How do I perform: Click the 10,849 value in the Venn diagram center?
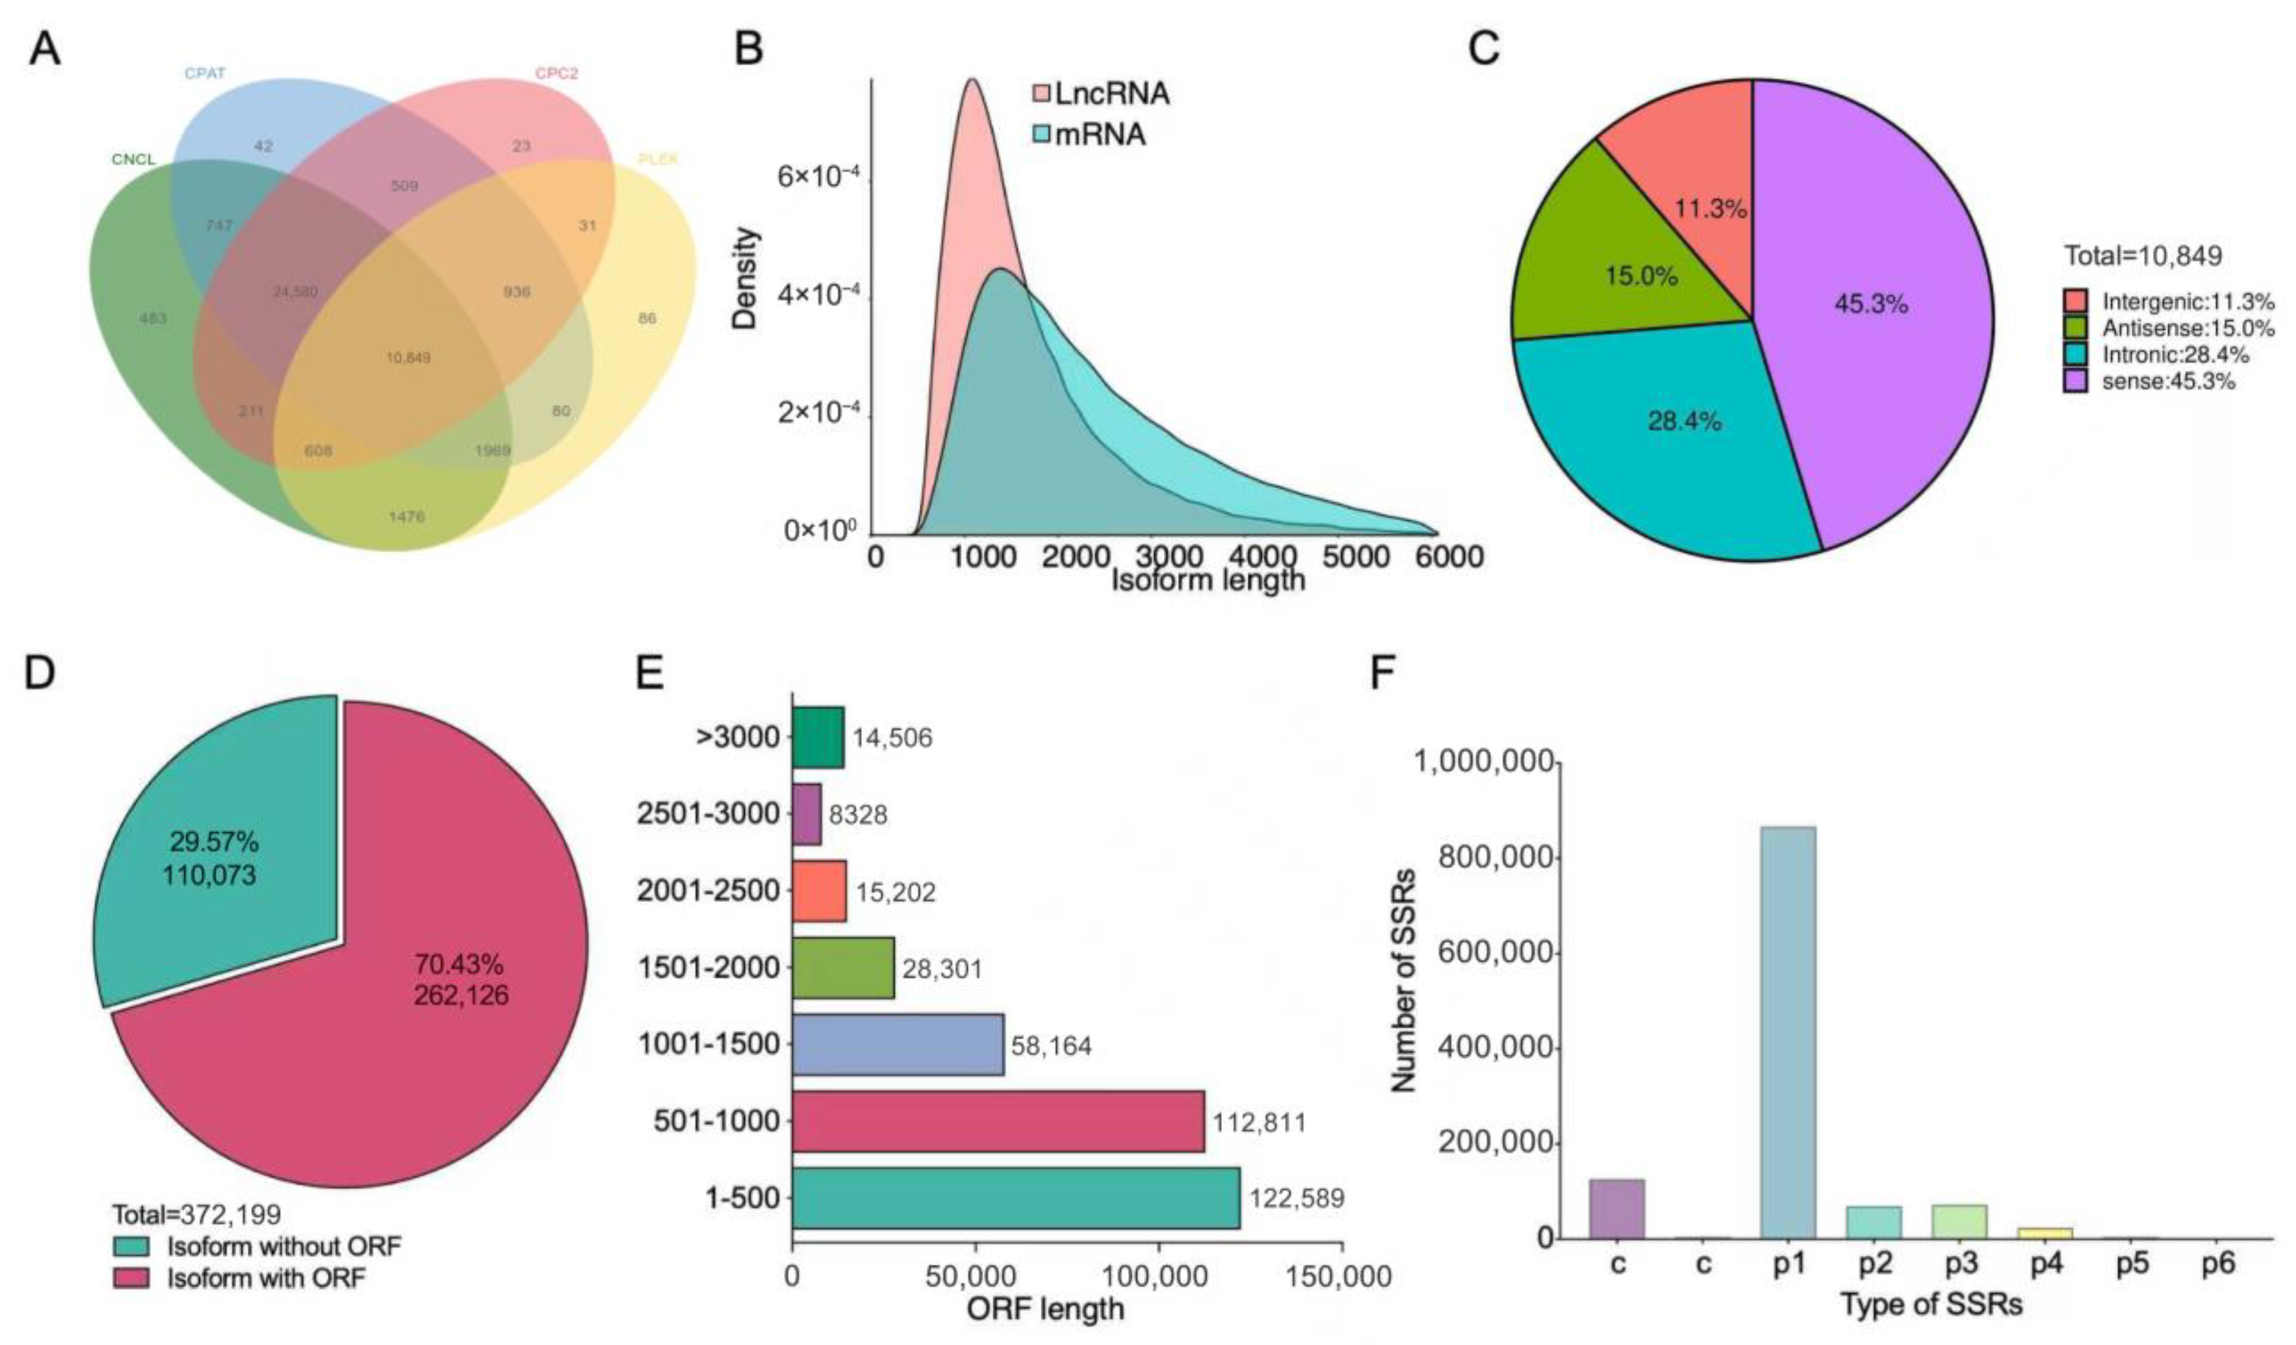pyautogui.click(x=407, y=357)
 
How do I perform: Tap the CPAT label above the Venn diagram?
pyautogui.click(x=204, y=74)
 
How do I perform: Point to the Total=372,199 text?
pyautogui.click(x=197, y=1214)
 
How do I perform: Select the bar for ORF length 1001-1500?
pyautogui.click(x=898, y=1045)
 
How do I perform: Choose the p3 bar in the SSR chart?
pyautogui.click(x=1959, y=1221)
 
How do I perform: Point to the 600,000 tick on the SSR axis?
pyautogui.click(x=1494, y=952)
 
